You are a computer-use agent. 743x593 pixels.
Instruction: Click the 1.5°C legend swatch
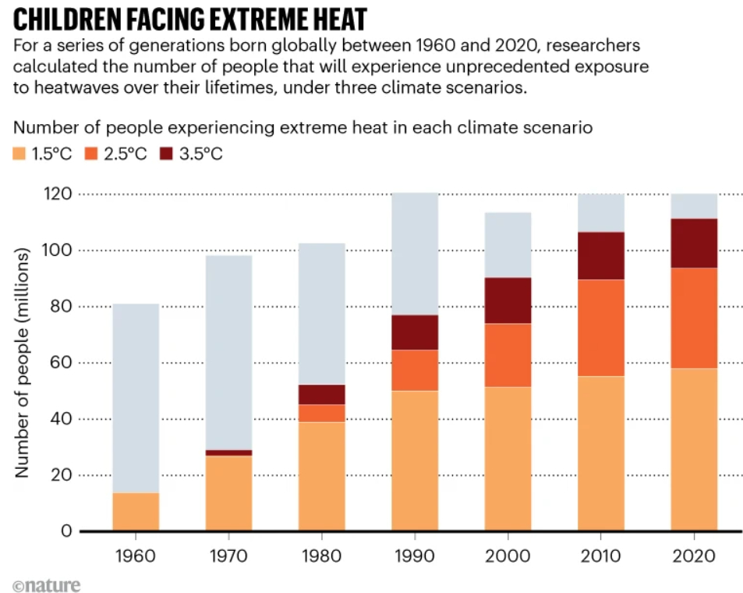click(19, 154)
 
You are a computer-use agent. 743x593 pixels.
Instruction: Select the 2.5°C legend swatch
click(95, 154)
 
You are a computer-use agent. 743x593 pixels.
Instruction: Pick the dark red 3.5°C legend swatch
click(168, 154)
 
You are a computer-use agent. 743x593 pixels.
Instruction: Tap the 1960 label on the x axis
click(136, 558)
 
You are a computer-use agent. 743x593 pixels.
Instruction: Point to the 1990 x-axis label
click(415, 558)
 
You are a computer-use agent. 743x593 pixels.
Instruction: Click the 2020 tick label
click(694, 558)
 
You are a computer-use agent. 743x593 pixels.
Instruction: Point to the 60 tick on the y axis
click(61, 363)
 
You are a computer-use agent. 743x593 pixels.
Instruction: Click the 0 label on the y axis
click(65, 532)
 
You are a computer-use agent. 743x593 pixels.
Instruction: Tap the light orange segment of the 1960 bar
click(136, 512)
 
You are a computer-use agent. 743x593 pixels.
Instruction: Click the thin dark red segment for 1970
click(228, 453)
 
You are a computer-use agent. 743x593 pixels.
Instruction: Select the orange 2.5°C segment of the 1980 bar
click(322, 413)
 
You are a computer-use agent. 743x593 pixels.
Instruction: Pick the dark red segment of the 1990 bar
click(415, 332)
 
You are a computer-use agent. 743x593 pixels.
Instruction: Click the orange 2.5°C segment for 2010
click(601, 328)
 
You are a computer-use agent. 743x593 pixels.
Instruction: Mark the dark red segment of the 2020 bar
click(694, 243)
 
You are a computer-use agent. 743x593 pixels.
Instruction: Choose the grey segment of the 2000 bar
click(508, 245)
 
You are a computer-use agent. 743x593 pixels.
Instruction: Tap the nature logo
click(46, 584)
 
